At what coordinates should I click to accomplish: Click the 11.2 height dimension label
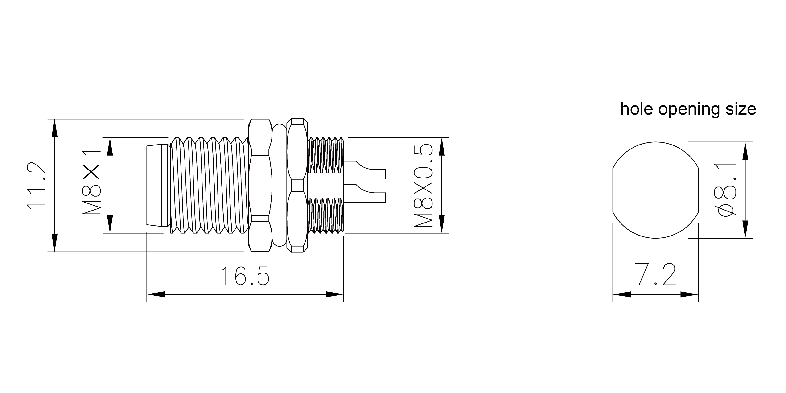(36, 185)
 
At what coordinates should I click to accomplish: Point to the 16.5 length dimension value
(245, 276)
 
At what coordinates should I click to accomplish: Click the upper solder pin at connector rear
(365, 170)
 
